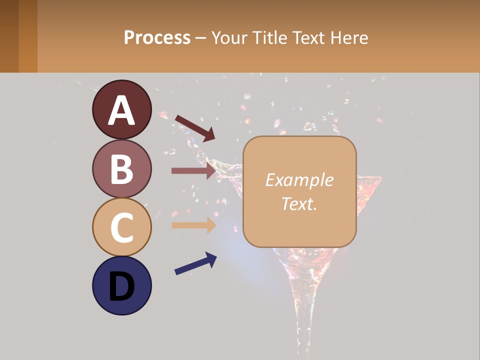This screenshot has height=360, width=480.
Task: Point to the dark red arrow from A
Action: pyautogui.click(x=195, y=127)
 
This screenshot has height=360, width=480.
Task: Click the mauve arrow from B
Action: pyautogui.click(x=193, y=170)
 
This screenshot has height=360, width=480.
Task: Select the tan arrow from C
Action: pyautogui.click(x=193, y=225)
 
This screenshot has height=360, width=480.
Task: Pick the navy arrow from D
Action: pyautogui.click(x=195, y=263)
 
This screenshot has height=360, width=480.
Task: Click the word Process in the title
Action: pyautogui.click(x=157, y=37)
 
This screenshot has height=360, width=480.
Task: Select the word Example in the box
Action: pyautogui.click(x=299, y=180)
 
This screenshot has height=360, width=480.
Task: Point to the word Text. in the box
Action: pyautogui.click(x=299, y=203)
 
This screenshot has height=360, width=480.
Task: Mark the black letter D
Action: pyautogui.click(x=121, y=287)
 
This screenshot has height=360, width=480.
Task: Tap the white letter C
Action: pyautogui.click(x=121, y=228)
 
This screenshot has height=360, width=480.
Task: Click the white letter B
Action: pyautogui.click(x=121, y=169)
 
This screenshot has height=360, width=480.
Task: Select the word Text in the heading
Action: pyautogui.click(x=309, y=37)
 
